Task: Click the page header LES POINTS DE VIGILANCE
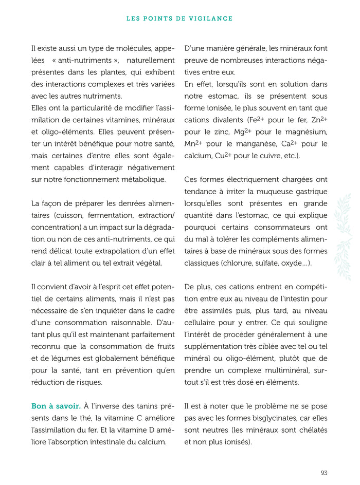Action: (x=179, y=18)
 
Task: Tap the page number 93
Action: (x=323, y=473)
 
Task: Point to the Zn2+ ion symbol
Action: (x=318, y=120)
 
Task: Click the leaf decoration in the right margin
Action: (x=344, y=236)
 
